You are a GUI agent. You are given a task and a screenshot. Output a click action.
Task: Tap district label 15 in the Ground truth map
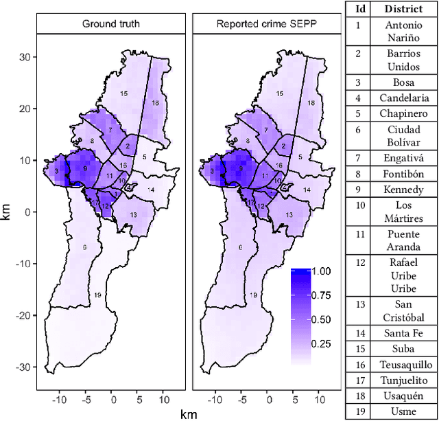point(123,93)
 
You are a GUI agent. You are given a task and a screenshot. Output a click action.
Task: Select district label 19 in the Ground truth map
point(97,295)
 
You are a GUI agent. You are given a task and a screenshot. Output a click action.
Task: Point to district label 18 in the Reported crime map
point(311,103)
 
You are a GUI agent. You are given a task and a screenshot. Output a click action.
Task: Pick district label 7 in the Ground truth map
point(109,129)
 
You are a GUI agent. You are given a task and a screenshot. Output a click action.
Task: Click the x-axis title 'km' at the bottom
point(188,414)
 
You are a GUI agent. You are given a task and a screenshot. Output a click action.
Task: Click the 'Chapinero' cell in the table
point(403,113)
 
